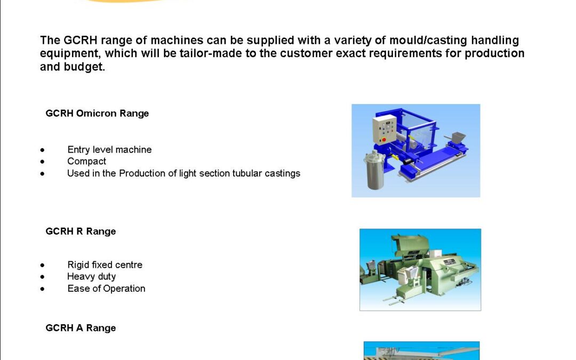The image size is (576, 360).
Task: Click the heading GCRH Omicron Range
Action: [x=97, y=114]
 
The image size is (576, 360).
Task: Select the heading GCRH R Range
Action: [x=81, y=231]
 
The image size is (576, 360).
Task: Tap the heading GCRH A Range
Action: [x=81, y=328]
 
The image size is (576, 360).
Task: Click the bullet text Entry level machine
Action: [x=109, y=149]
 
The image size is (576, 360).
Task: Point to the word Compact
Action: [x=87, y=162]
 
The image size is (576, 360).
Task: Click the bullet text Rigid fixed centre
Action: [x=105, y=265]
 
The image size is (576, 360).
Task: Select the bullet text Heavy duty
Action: [x=92, y=277]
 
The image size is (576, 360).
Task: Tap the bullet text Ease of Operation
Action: [x=106, y=289]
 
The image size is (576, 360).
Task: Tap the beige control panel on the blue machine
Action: [x=385, y=129]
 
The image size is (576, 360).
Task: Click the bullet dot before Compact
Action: [x=43, y=162]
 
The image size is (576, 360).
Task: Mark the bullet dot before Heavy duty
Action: [x=43, y=277]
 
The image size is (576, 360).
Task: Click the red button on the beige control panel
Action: [x=384, y=140]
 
